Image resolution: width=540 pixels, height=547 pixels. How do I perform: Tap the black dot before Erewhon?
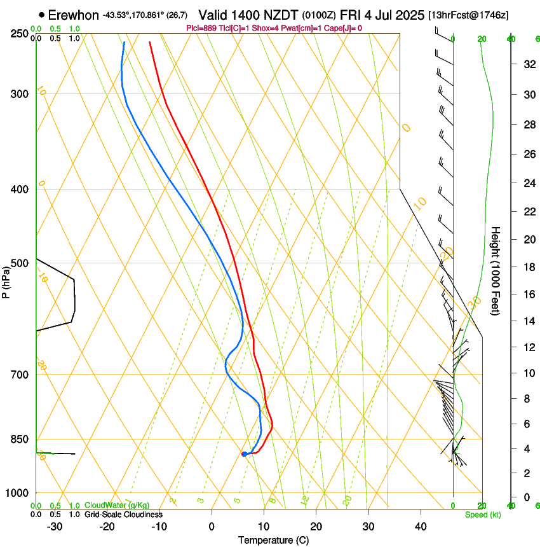pos(42,14)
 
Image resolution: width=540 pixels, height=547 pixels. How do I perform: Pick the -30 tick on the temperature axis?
pos(55,527)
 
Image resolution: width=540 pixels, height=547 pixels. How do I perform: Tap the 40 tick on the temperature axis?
pos(420,527)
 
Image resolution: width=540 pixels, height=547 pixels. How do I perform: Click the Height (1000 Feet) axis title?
pos(496,270)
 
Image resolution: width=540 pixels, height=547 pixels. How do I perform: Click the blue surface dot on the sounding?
pos(244,454)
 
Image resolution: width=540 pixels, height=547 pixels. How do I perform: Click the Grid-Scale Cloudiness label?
pos(123,515)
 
